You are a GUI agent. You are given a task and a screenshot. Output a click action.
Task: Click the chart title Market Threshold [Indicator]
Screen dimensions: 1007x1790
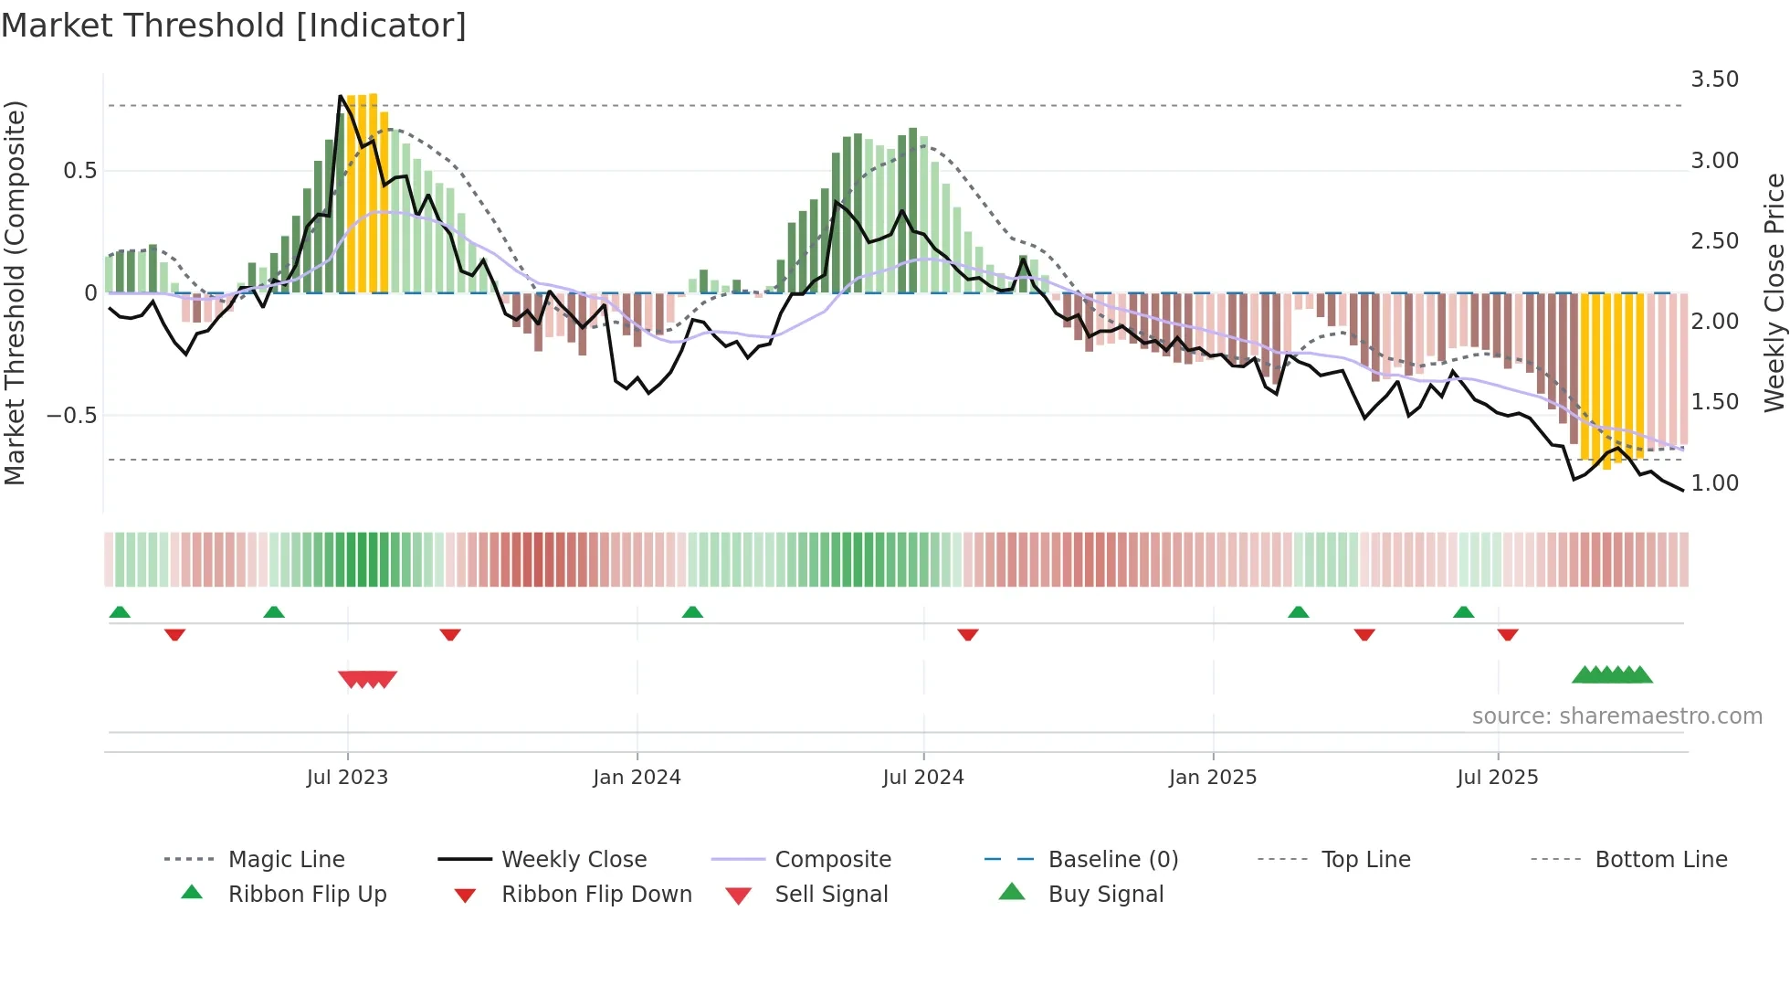(234, 26)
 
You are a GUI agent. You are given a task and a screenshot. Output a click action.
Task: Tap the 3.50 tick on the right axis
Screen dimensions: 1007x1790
(1714, 79)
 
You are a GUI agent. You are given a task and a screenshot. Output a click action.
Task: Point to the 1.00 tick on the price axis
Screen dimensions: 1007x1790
(1714, 483)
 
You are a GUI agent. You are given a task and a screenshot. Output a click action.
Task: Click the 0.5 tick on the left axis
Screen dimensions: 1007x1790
(79, 171)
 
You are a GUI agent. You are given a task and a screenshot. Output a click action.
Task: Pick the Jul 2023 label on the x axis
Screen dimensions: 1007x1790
(347, 778)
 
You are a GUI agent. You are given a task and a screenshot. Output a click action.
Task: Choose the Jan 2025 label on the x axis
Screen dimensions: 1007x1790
(1212, 778)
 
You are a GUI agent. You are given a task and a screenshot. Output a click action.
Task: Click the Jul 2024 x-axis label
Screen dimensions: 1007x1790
(922, 778)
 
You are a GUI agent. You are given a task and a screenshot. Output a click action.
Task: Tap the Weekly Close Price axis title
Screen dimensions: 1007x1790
(1774, 292)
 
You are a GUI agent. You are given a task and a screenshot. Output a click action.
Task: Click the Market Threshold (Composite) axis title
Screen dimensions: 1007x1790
(15, 292)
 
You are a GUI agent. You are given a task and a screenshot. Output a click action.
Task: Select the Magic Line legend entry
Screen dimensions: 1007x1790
(286, 860)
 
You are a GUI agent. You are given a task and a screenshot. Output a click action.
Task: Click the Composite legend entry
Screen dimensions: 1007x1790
(832, 860)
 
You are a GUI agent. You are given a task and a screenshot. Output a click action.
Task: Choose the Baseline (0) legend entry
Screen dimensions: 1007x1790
(1112, 860)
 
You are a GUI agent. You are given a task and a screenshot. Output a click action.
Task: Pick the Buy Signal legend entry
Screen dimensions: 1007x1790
(1105, 895)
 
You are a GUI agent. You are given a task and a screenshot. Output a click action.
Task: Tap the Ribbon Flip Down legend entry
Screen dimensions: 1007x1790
(595, 895)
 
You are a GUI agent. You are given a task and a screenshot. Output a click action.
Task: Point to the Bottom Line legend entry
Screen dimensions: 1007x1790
(1660, 860)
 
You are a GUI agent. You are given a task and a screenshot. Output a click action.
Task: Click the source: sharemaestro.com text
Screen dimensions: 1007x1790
(1616, 716)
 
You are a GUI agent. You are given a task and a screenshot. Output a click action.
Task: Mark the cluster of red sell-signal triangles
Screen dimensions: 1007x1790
(367, 679)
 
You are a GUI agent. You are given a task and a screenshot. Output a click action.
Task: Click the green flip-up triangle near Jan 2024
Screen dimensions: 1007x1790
(692, 612)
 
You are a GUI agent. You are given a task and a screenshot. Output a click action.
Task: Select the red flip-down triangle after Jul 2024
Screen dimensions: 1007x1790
(968, 634)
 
